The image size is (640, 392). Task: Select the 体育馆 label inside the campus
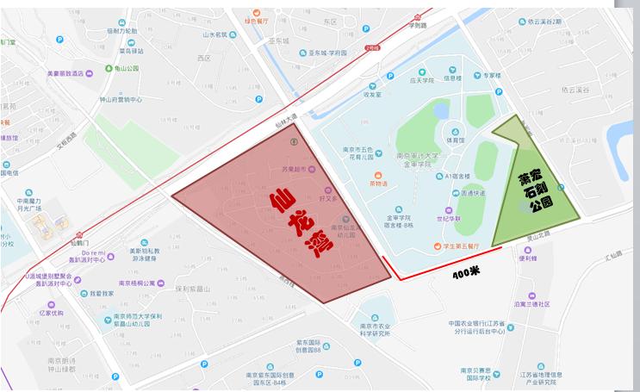pos(456,140)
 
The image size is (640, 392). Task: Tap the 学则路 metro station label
pos(418,25)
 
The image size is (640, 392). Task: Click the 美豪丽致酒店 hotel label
pos(64,72)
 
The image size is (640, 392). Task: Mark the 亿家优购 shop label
pos(49,313)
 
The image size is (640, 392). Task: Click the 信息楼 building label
pos(453,78)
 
